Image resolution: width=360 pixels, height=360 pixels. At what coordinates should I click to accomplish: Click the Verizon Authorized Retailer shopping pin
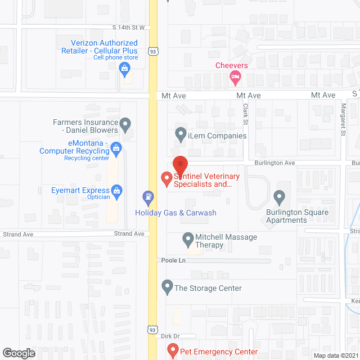[x=125, y=69]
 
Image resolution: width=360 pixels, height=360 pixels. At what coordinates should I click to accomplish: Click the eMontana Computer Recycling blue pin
[x=116, y=149]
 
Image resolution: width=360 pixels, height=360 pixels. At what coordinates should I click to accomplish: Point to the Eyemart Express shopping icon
[x=116, y=191]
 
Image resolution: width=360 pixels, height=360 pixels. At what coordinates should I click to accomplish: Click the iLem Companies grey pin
[x=181, y=134]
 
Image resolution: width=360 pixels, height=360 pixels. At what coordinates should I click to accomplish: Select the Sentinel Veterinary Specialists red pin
[x=166, y=179]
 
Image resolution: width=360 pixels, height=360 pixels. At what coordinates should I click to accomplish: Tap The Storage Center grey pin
[x=167, y=287]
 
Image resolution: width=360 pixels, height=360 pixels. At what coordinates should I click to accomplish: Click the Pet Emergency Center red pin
[x=173, y=351]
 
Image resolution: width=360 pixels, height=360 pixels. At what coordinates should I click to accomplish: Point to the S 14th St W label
[x=129, y=27]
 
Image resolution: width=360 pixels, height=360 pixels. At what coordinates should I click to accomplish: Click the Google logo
[x=19, y=353]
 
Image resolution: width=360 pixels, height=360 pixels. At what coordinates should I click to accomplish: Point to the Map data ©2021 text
[x=335, y=355]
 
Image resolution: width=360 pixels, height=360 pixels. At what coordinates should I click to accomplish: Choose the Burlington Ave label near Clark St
[x=274, y=163]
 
